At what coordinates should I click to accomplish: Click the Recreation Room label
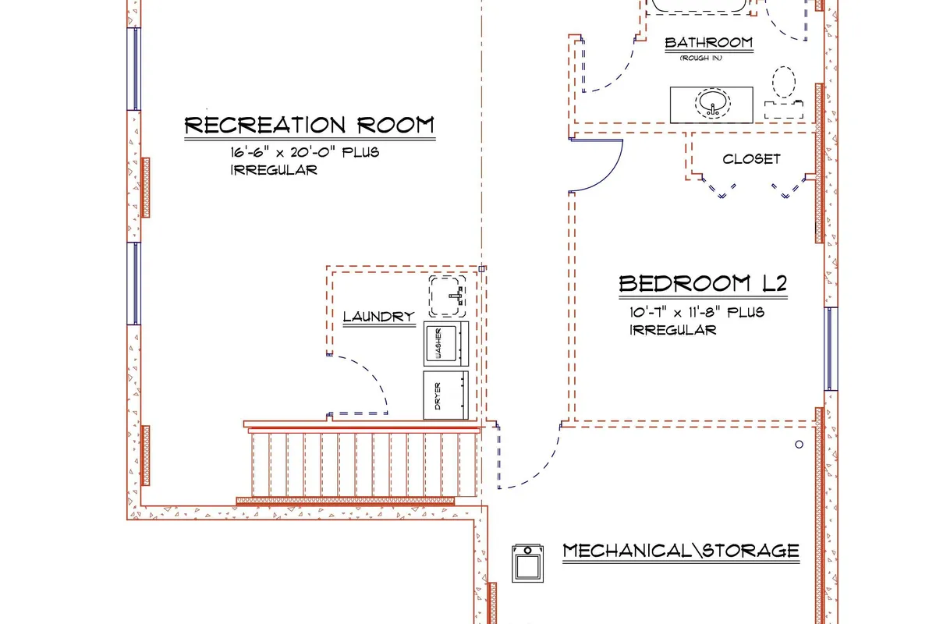click(309, 125)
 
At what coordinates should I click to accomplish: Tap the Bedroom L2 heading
click(703, 283)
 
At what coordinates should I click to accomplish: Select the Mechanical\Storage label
click(681, 551)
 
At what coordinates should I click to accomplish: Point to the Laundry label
click(379, 317)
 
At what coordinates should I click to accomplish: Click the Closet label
click(751, 159)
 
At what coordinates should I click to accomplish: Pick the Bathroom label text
click(709, 42)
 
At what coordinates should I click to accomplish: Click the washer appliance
click(446, 343)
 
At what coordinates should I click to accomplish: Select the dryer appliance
click(446, 395)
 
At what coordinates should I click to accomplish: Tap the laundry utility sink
click(447, 296)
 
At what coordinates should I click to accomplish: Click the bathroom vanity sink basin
click(712, 103)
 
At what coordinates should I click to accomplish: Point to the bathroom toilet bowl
click(783, 83)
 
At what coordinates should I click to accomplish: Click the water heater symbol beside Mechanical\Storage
click(528, 563)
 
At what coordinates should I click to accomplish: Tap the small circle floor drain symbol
click(799, 445)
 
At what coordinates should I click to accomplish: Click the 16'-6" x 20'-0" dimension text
click(305, 152)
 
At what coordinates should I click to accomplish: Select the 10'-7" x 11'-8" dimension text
click(697, 312)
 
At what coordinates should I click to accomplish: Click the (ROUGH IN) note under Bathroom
click(701, 58)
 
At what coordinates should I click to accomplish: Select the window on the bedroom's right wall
click(831, 349)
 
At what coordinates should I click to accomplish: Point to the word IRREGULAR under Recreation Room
click(274, 170)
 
